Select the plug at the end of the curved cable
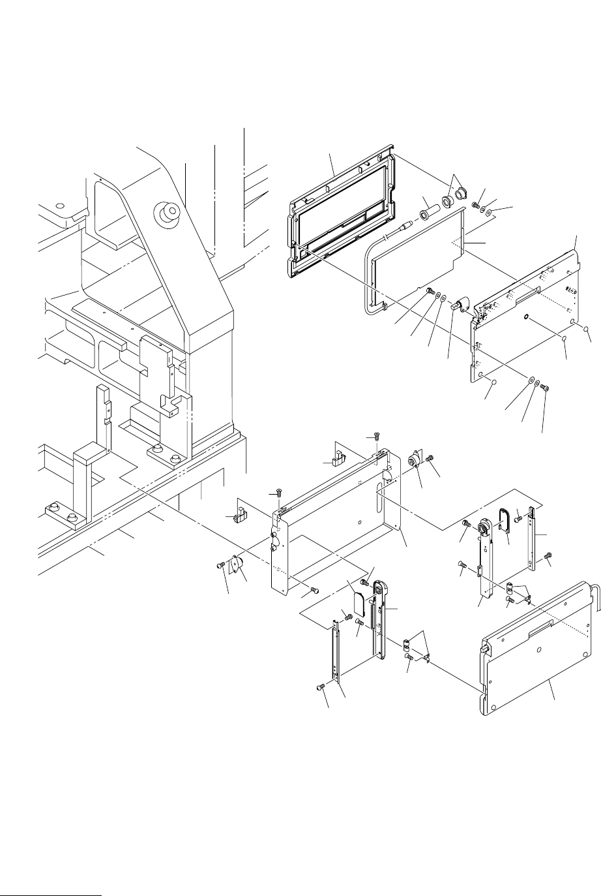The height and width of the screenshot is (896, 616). coord(409,224)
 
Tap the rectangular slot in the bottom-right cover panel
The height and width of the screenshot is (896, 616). coord(540,630)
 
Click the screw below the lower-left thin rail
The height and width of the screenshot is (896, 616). coord(320,687)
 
